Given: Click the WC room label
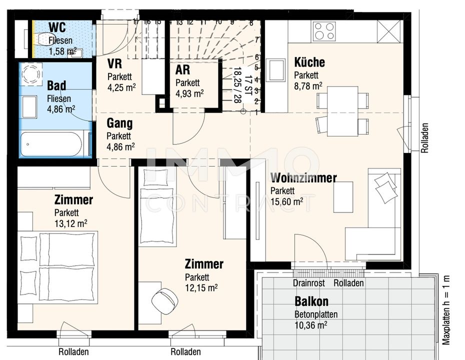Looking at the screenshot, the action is [57, 27].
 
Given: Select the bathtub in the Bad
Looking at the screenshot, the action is [51, 144].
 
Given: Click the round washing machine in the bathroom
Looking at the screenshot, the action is [31, 74].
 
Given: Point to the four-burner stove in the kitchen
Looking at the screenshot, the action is [324, 31].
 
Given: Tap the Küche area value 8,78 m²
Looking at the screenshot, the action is [308, 86].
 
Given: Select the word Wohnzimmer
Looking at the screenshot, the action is [303, 178].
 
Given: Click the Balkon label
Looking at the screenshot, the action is [311, 301].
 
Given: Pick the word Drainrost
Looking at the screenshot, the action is [308, 283].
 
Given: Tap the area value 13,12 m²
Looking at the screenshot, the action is [70, 223].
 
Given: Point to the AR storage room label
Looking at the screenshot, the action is [182, 70].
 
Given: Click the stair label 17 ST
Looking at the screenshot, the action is [248, 85].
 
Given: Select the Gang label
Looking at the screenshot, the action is [119, 123].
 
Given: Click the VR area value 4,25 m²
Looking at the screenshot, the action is [121, 87].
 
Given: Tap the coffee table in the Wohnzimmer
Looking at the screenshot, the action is [343, 197].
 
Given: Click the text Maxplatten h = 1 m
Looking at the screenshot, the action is [446, 310].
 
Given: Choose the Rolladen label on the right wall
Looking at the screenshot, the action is [425, 138].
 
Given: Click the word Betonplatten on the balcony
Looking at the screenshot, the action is [316, 314].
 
